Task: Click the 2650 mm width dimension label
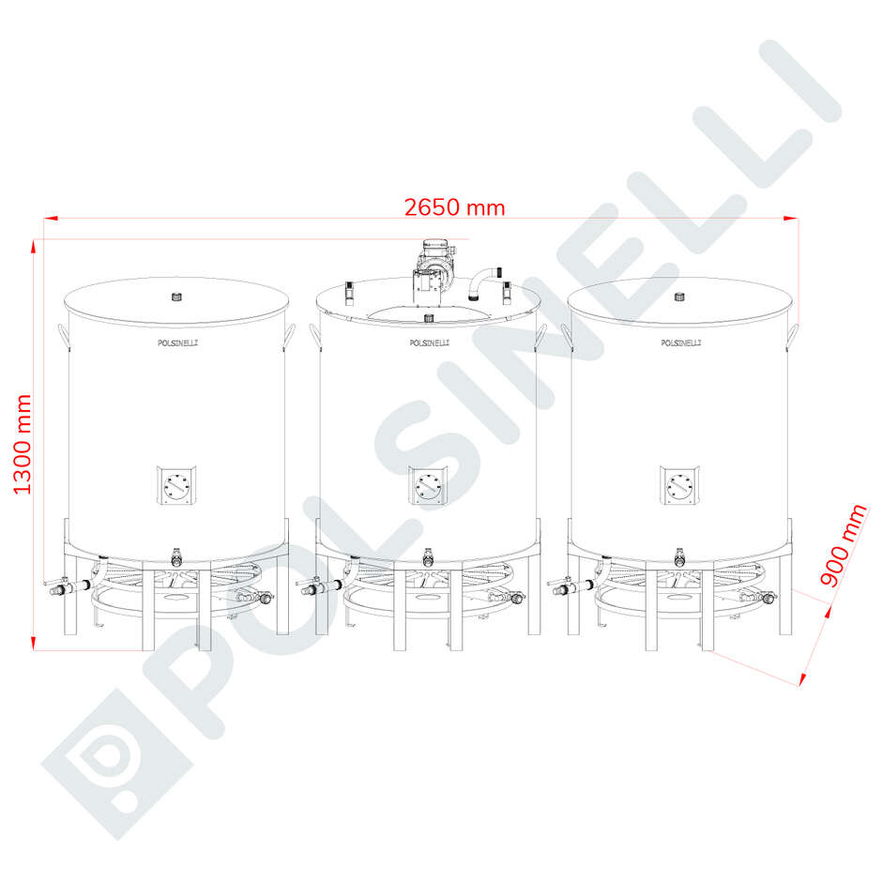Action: pyautogui.click(x=454, y=207)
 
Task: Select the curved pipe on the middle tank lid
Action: pyautogui.click(x=481, y=281)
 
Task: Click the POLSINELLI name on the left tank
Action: pyautogui.click(x=177, y=343)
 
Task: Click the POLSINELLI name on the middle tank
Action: pyautogui.click(x=430, y=343)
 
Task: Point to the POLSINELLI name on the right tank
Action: pyautogui.click(x=681, y=343)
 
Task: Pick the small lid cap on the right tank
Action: pyautogui.click(x=680, y=297)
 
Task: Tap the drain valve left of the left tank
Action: pyautogui.click(x=58, y=589)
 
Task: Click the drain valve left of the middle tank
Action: pyautogui.click(x=310, y=589)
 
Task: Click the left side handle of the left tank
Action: pyautogui.click(x=61, y=334)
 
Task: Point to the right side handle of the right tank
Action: pyautogui.click(x=795, y=334)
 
